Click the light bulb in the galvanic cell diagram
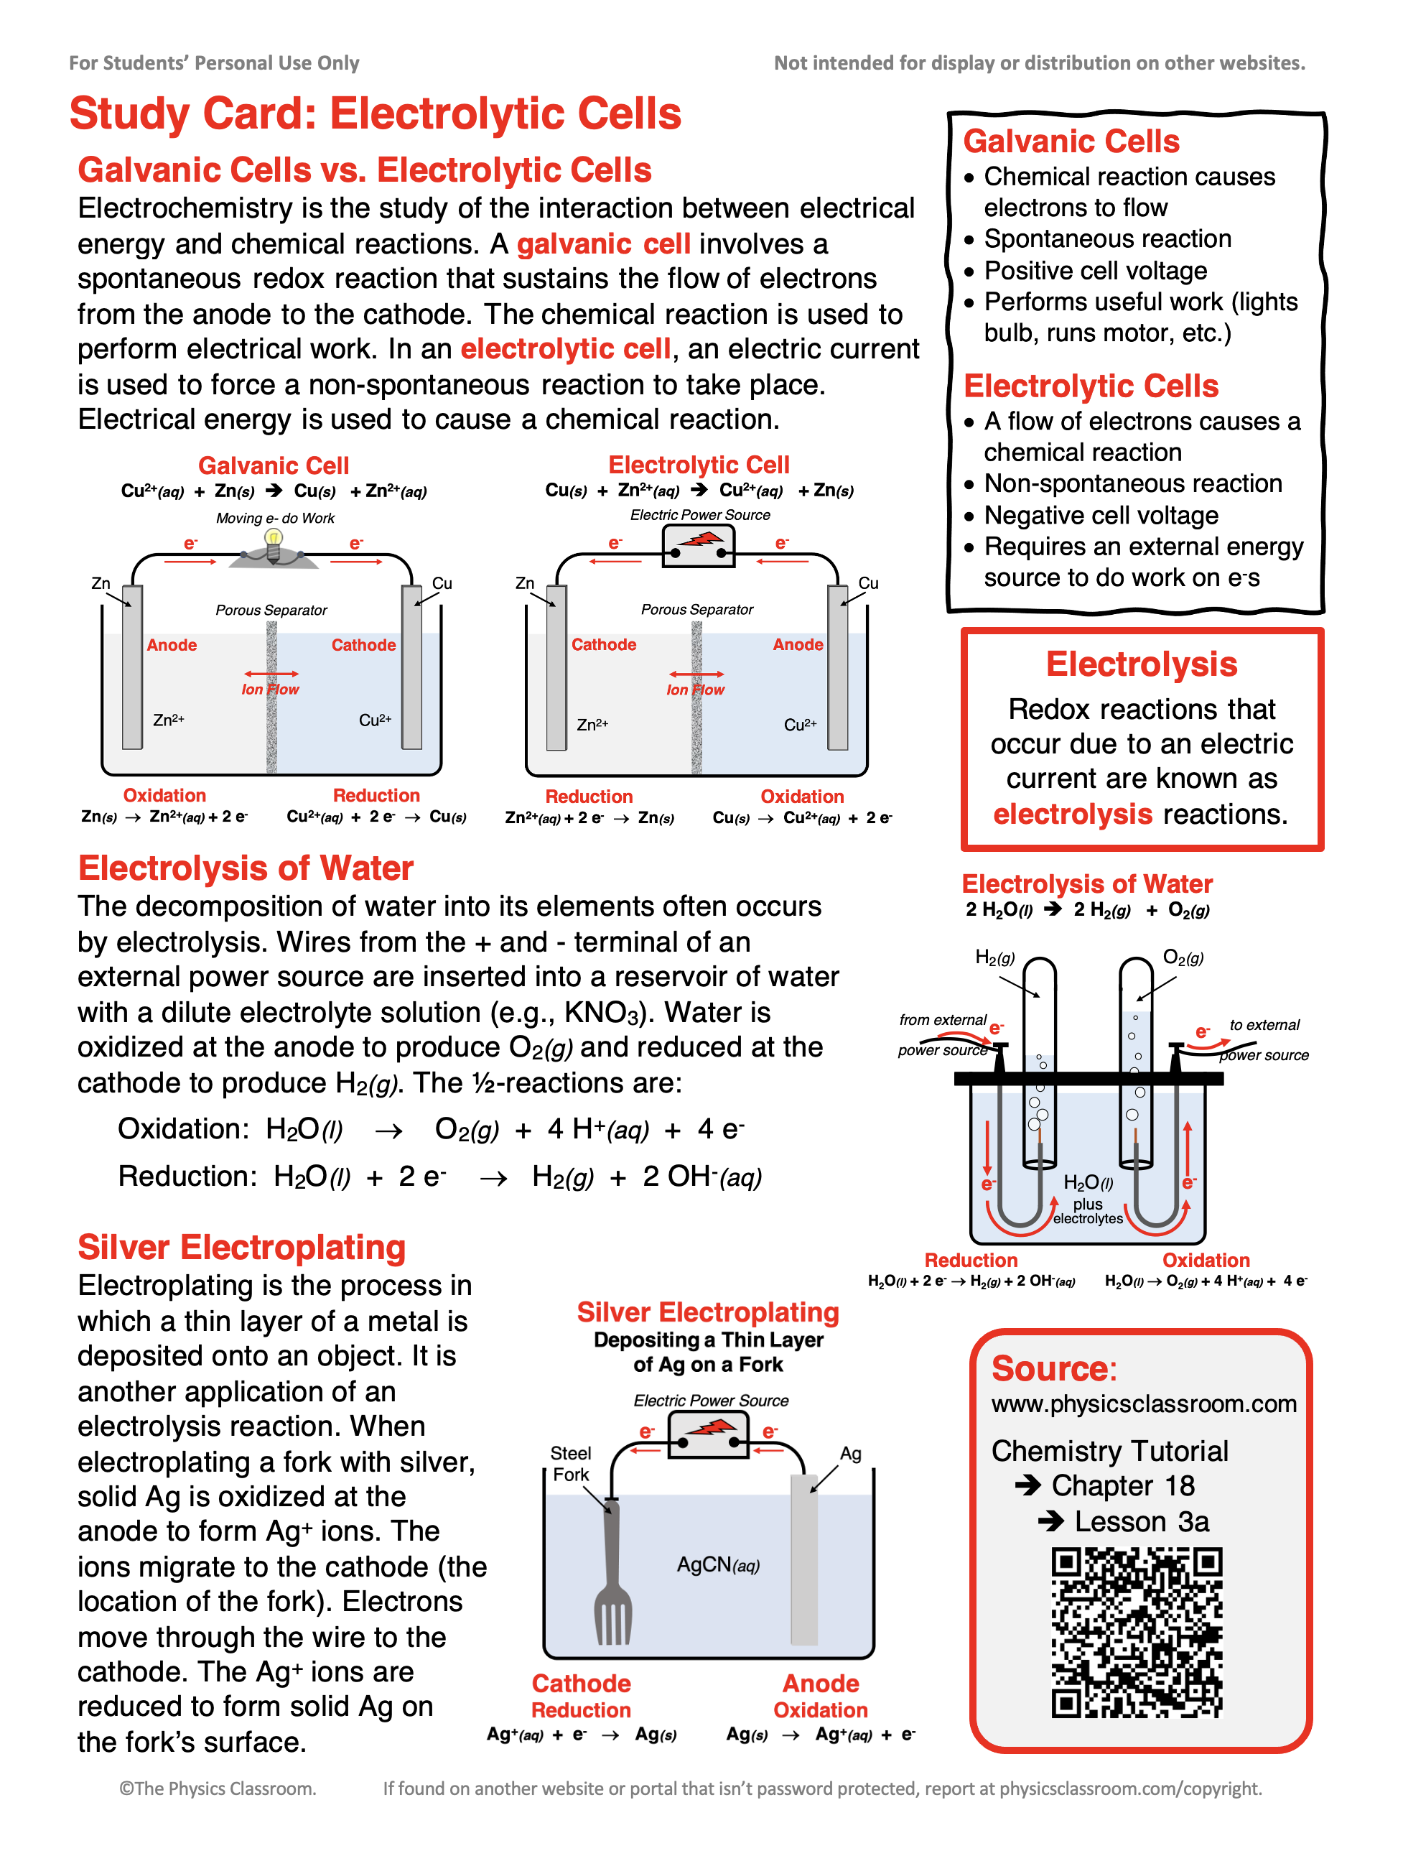tap(273, 543)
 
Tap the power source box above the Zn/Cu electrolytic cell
tap(698, 546)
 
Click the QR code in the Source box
tap(1137, 1633)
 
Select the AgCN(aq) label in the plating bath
tap(718, 1565)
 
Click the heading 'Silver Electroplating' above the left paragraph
tap(241, 1248)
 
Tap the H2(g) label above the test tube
tap(994, 957)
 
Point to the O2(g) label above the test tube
tap(1183, 957)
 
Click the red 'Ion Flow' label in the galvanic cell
tap(270, 690)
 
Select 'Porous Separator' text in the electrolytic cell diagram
tap(697, 609)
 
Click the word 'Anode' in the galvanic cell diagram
tap(172, 645)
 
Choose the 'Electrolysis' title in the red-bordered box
tap(1142, 664)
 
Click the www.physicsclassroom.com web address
tap(1144, 1403)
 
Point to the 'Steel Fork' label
tap(571, 1464)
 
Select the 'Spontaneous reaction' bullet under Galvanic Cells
tap(1107, 239)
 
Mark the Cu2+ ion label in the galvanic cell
tap(375, 720)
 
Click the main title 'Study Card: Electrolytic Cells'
tap(376, 113)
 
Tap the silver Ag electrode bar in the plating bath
tap(804, 1561)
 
